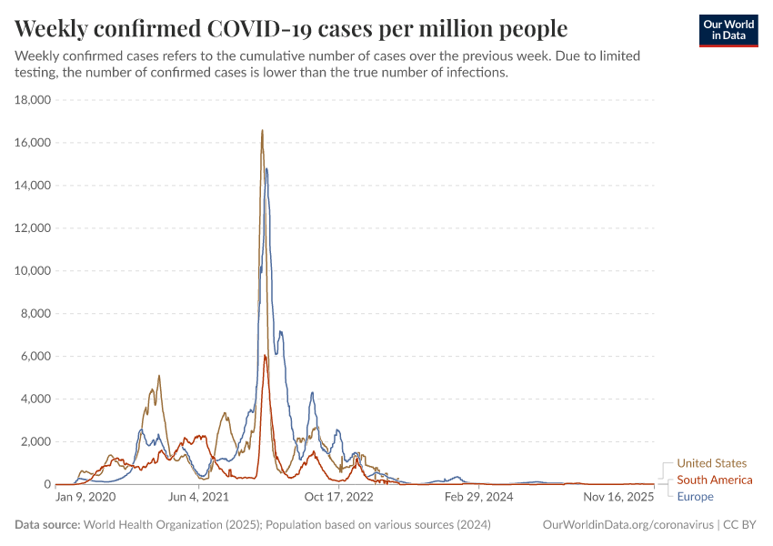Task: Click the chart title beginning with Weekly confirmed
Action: point(291,28)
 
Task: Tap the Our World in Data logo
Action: point(728,30)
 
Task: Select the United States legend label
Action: point(711,463)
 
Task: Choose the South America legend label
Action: point(715,480)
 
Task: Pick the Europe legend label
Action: point(695,496)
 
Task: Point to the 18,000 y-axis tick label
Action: point(34,100)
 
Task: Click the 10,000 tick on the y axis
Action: point(34,271)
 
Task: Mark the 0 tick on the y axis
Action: point(47,485)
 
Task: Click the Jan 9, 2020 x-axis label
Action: point(85,497)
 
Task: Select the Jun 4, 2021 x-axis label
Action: point(198,497)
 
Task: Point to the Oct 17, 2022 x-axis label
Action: point(338,497)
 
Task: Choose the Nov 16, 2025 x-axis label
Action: point(617,497)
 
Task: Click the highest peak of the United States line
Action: point(262,130)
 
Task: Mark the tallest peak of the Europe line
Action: point(266,168)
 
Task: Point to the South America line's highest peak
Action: point(265,355)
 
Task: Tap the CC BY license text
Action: point(740,525)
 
